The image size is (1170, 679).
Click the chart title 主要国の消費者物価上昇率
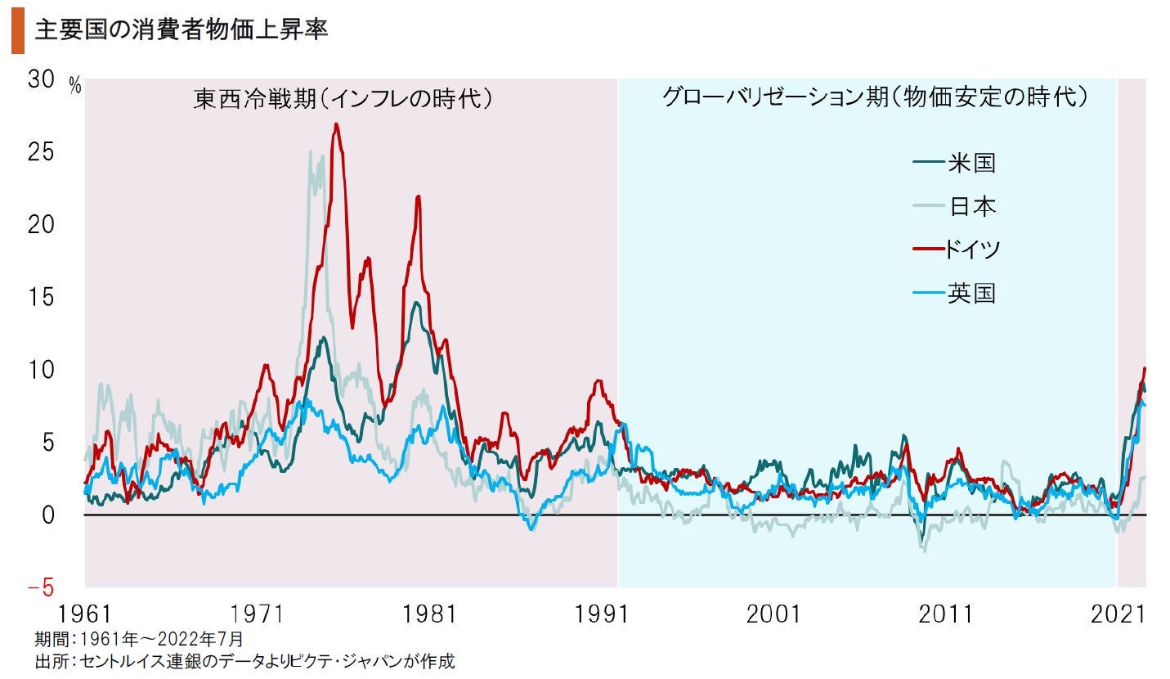[x=181, y=31]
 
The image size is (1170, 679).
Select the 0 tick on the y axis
[x=48, y=515]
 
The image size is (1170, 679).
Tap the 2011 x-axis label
[x=945, y=614]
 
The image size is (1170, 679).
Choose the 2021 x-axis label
[x=1117, y=614]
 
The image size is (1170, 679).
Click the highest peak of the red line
[x=336, y=124]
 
